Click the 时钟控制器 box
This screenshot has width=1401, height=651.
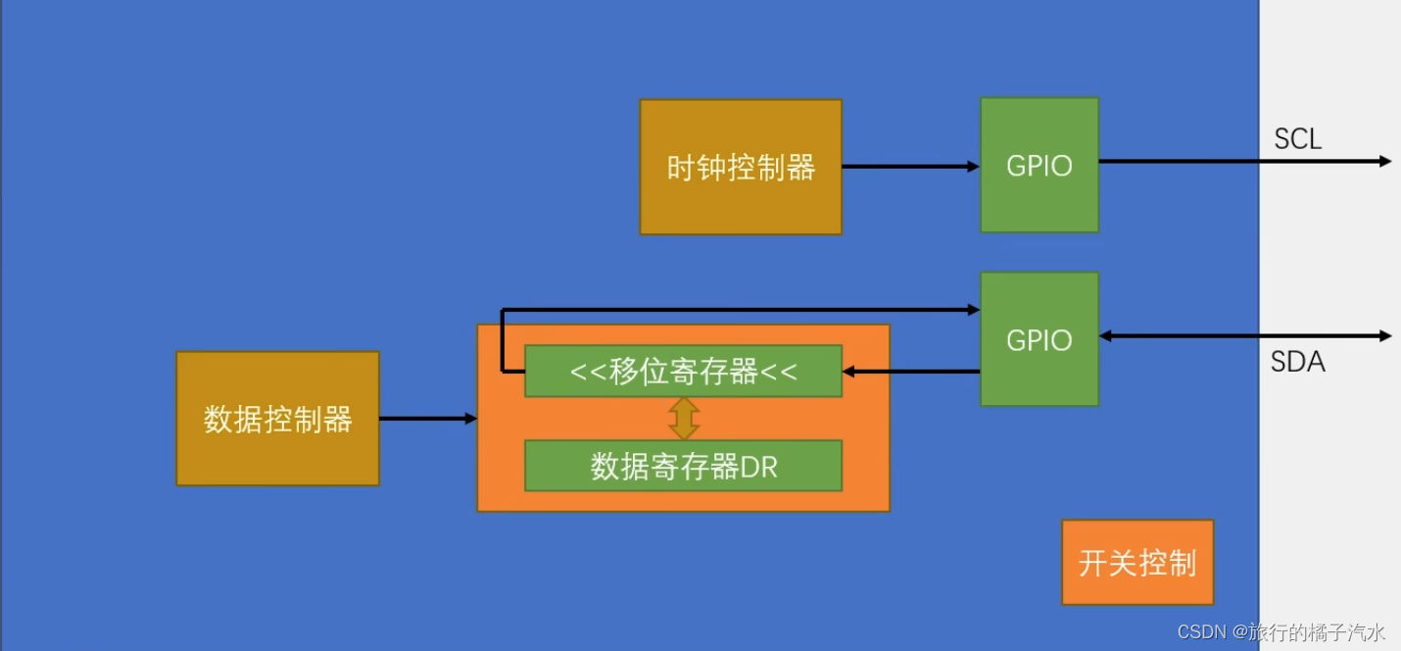click(x=741, y=167)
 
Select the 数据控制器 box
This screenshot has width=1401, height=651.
click(x=277, y=419)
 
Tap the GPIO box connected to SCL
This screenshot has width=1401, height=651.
click(x=1039, y=165)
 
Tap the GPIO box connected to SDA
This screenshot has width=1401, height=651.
click(x=1039, y=339)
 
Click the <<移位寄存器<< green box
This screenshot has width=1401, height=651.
click(x=683, y=372)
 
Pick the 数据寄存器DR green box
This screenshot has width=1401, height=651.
click(x=683, y=466)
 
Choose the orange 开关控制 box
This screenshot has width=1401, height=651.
click(x=1137, y=562)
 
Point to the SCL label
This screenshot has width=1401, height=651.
click(x=1297, y=139)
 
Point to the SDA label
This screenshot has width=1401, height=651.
click(x=1297, y=362)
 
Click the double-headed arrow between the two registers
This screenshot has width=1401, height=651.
click(x=684, y=419)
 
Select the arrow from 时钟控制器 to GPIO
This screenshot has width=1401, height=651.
click(x=910, y=167)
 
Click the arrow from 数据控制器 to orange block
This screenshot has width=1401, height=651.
click(x=427, y=419)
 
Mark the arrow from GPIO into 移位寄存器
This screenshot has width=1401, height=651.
click(x=911, y=372)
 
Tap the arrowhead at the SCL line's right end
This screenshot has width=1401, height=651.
click(x=1384, y=161)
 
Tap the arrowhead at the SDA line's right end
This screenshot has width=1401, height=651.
click(x=1384, y=336)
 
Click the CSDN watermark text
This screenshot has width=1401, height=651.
click(x=1202, y=632)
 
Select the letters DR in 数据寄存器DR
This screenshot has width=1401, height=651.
click(x=759, y=467)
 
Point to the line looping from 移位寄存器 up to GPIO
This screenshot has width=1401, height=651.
click(x=735, y=310)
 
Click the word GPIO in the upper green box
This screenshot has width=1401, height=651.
click(x=1039, y=165)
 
